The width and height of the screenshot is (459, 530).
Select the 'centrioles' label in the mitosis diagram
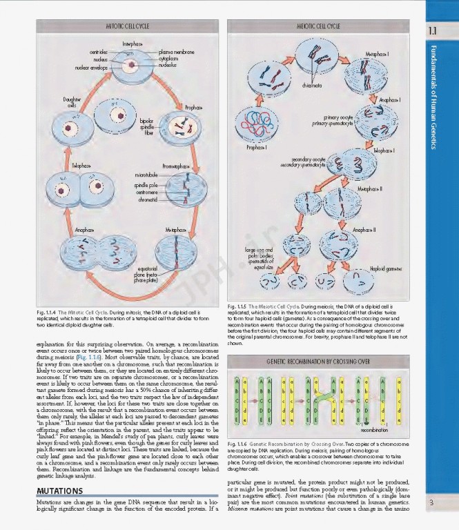[x=98, y=52]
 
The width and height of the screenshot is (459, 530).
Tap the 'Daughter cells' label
[x=72, y=104]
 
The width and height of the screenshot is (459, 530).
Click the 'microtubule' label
[x=146, y=176]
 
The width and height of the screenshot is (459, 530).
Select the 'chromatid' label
[x=147, y=199]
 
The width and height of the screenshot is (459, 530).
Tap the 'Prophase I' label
[x=257, y=148]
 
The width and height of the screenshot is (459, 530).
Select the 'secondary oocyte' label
[x=309, y=159]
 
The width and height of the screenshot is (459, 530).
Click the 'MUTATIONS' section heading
[x=59, y=491]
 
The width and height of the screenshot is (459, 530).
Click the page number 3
[x=431, y=502]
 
